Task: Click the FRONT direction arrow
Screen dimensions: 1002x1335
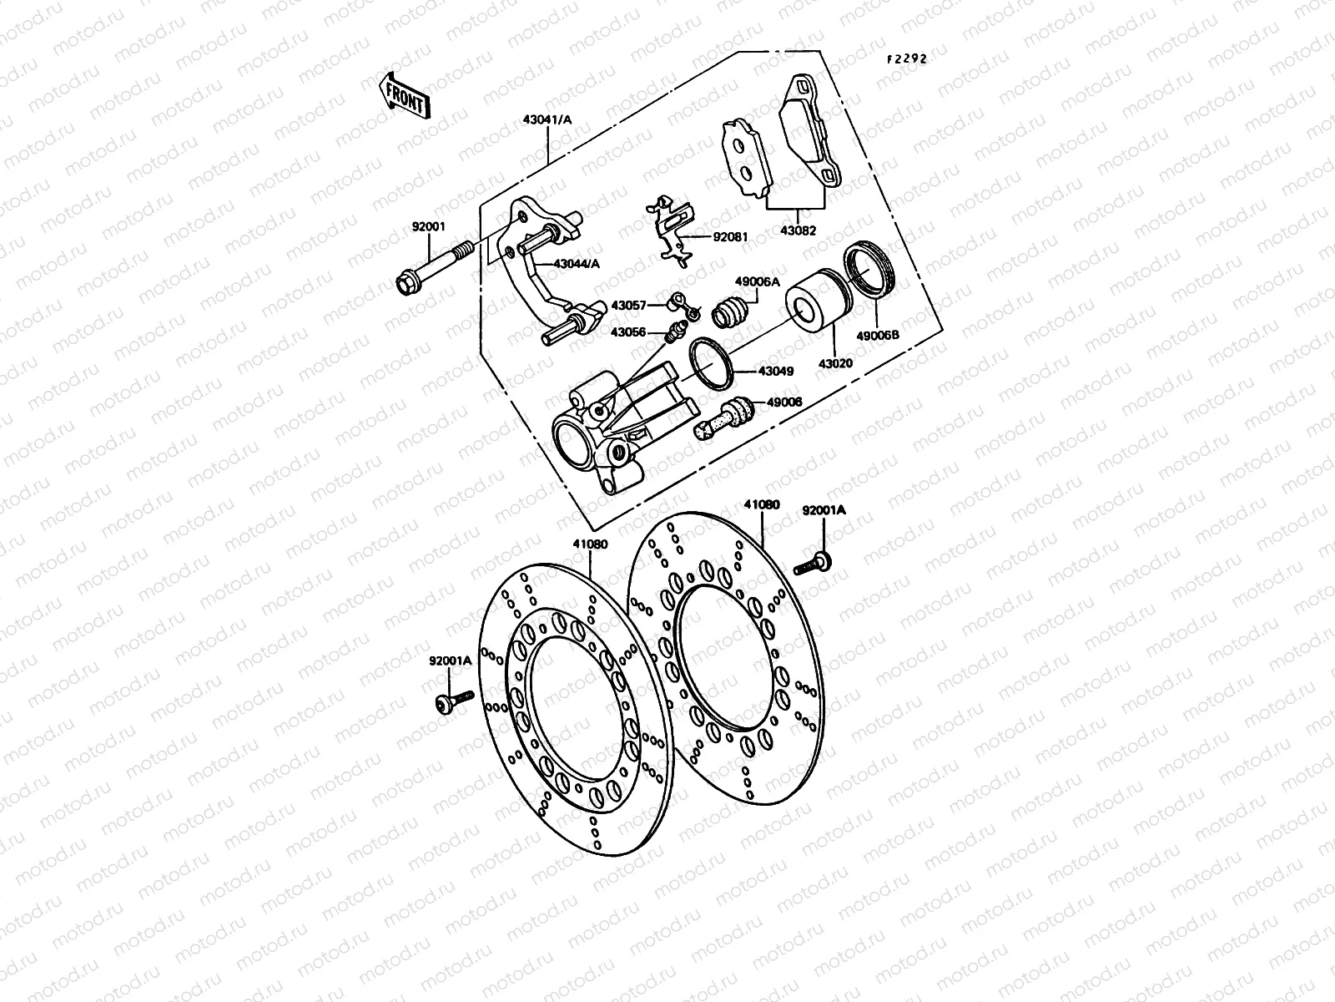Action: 405,94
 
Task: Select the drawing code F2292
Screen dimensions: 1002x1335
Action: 906,59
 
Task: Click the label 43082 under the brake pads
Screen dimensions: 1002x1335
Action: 799,231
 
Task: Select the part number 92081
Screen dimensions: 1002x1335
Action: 729,236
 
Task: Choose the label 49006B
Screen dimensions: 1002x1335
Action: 877,336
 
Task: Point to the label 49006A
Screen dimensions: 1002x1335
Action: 757,282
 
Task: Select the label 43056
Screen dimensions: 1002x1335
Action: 627,331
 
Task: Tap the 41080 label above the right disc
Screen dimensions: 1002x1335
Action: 761,504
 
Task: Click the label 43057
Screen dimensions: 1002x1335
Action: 628,306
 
